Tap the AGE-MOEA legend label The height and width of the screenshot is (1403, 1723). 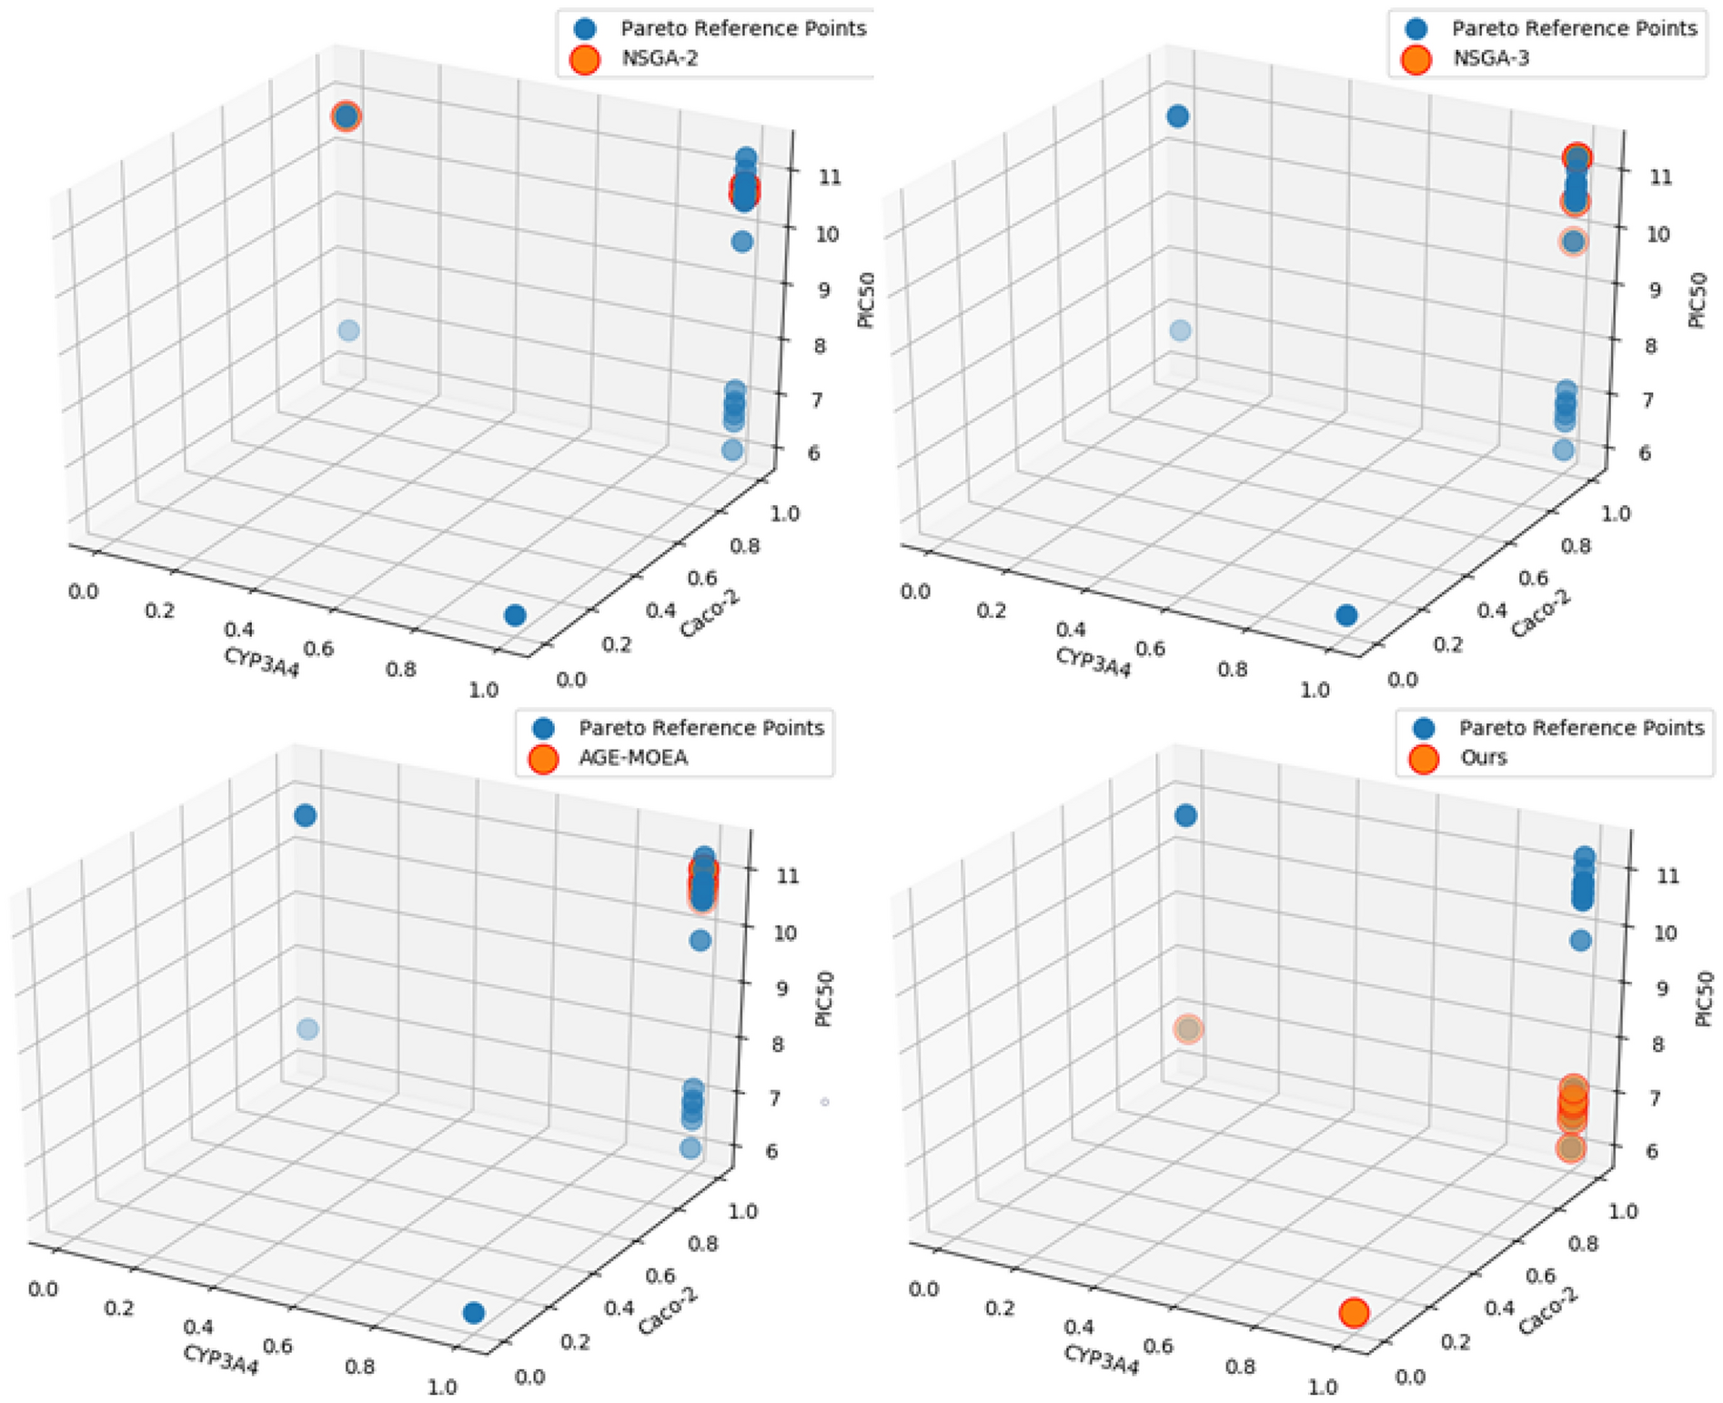[x=633, y=758]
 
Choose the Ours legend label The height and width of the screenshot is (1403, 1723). [x=1483, y=758]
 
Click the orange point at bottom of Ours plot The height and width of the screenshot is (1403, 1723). [x=1354, y=1312]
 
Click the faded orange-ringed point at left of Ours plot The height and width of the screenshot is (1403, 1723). [x=1188, y=1029]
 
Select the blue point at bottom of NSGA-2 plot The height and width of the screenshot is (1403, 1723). [x=515, y=615]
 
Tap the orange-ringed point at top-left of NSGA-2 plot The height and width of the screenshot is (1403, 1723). [x=346, y=116]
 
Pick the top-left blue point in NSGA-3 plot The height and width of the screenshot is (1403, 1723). [x=1177, y=116]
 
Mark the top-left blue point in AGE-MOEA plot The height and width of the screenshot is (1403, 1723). [x=306, y=815]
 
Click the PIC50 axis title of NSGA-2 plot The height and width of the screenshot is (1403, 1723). [x=867, y=301]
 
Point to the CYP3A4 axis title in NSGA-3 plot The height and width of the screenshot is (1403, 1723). [x=1093, y=662]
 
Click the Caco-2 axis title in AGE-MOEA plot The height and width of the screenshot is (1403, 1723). [x=668, y=1311]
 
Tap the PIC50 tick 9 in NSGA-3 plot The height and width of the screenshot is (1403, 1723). [x=1655, y=290]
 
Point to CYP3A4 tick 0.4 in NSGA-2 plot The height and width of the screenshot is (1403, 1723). [x=239, y=629]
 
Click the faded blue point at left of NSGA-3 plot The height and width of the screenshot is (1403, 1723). [x=1180, y=330]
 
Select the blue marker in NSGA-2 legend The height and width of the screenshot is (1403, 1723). [x=585, y=29]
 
